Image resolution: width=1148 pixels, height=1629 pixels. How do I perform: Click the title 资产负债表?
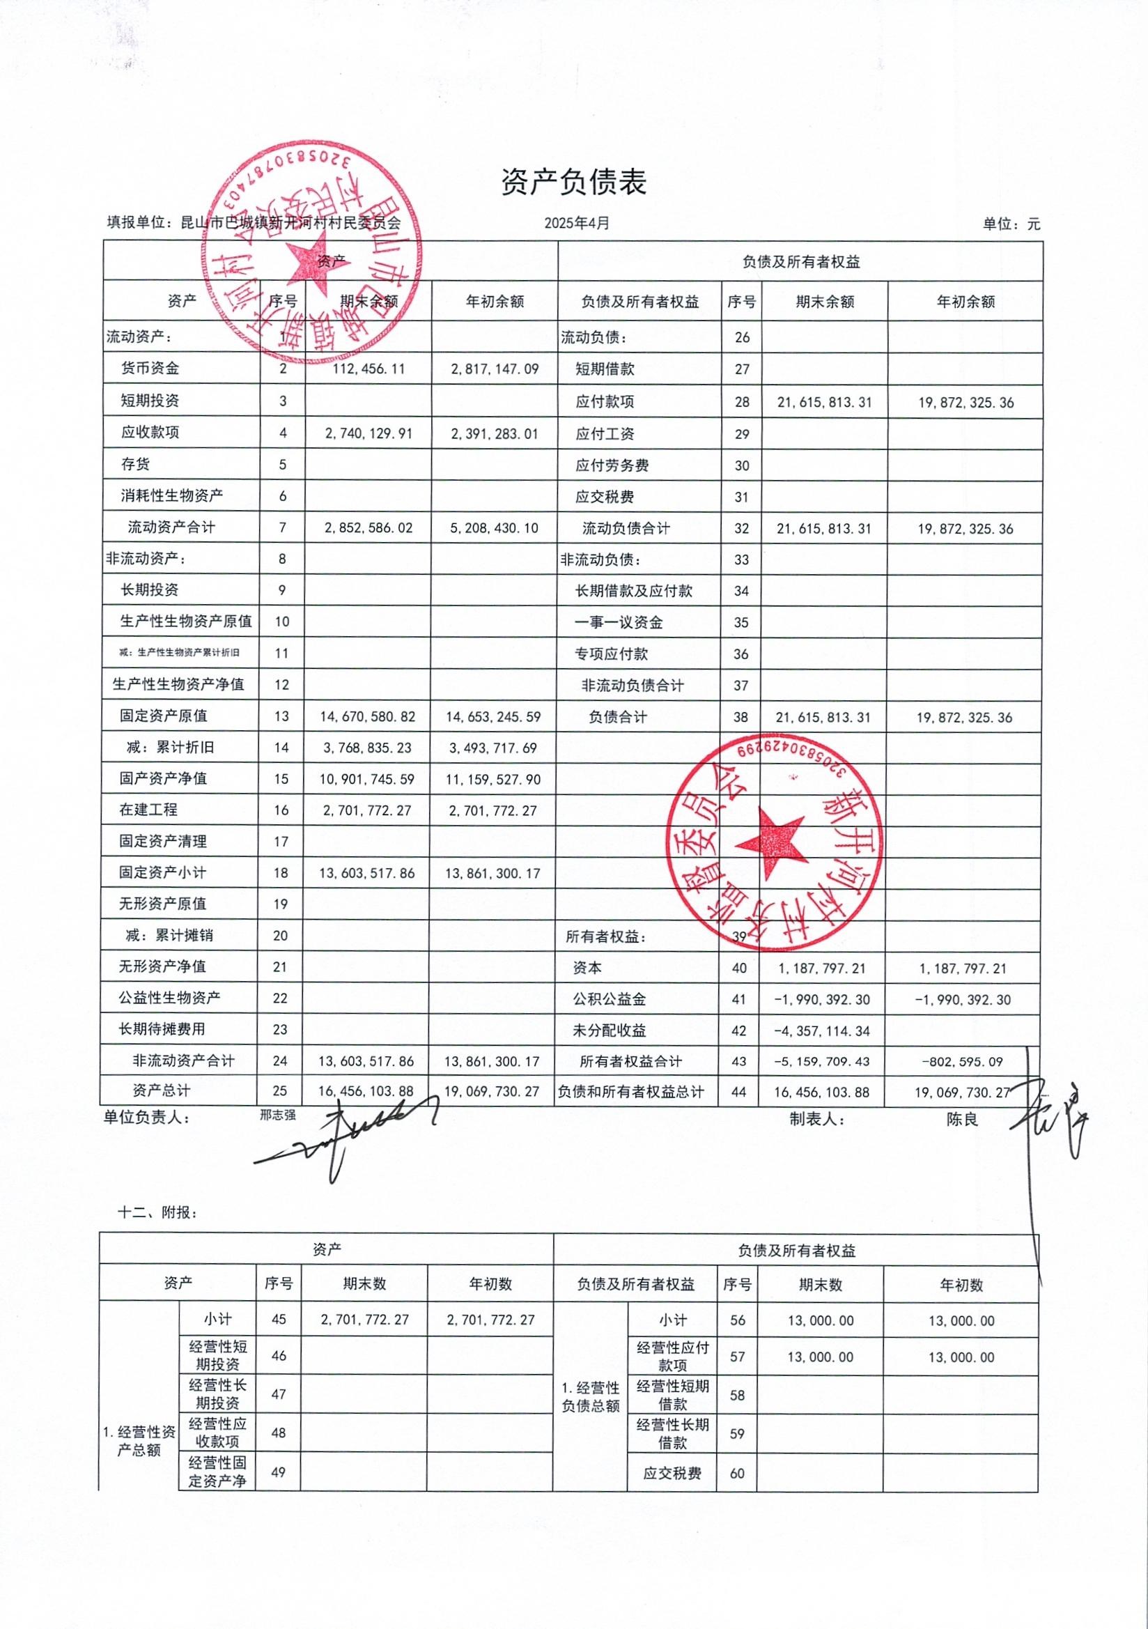pyautogui.click(x=573, y=183)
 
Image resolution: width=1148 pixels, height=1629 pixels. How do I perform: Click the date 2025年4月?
pyautogui.click(x=577, y=223)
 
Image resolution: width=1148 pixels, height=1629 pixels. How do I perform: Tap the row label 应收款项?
pyautogui.click(x=150, y=432)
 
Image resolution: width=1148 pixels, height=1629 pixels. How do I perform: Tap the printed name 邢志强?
pyautogui.click(x=277, y=1115)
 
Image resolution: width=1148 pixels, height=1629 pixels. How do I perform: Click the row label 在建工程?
pyautogui.click(x=148, y=810)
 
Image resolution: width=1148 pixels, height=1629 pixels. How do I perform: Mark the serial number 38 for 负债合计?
pyautogui.click(x=740, y=717)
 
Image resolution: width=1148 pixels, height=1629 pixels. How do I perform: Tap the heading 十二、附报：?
pyautogui.click(x=157, y=1212)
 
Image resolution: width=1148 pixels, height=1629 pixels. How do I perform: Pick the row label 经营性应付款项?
pyautogui.click(x=672, y=1356)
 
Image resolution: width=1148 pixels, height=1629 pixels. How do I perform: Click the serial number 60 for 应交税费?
pyautogui.click(x=737, y=1474)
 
